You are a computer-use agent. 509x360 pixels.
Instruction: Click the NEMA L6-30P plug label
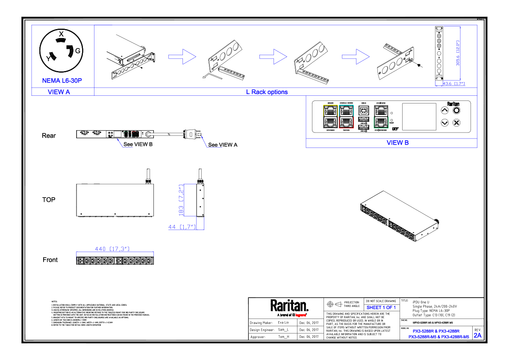(62, 80)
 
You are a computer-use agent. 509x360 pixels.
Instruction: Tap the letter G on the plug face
(78, 51)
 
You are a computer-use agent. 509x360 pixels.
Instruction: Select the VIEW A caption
(59, 92)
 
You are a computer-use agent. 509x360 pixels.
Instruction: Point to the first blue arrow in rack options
(182, 56)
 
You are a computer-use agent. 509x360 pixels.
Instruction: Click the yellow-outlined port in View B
(330, 111)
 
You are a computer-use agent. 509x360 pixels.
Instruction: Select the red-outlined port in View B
(347, 122)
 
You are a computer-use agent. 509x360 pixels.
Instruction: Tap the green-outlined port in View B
(380, 122)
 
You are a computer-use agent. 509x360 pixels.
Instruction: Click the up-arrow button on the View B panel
(444, 111)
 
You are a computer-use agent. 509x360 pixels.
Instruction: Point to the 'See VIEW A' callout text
(223, 145)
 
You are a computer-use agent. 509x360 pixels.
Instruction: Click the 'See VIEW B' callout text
(138, 145)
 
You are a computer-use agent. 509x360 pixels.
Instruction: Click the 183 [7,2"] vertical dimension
(181, 200)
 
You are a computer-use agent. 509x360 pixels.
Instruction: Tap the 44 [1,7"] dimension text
(182, 227)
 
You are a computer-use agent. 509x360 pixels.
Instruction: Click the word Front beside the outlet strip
(50, 260)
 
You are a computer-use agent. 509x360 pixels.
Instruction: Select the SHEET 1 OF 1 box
(381, 307)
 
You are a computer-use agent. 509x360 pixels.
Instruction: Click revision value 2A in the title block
(477, 335)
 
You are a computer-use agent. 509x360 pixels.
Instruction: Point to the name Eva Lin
(283, 322)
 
